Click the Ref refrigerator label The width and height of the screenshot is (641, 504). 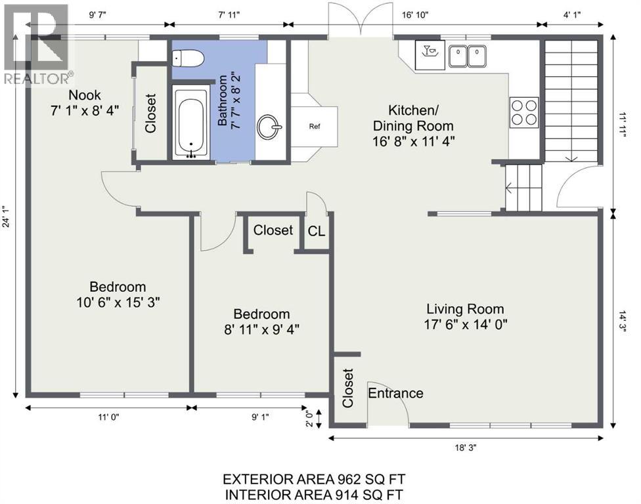[x=315, y=127]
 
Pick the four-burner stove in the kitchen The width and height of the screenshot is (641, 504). [x=524, y=112]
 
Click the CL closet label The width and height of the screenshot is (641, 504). [x=317, y=232]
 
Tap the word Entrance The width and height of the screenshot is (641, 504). [x=396, y=393]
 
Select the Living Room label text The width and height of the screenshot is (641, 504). [x=465, y=309]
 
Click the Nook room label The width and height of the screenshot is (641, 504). [x=85, y=95]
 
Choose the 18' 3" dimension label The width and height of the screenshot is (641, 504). [x=466, y=448]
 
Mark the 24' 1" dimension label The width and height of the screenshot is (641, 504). [x=7, y=216]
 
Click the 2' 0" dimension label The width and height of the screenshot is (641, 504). [x=310, y=418]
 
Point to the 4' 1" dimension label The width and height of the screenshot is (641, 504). [x=572, y=15]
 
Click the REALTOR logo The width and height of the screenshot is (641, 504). [x=37, y=44]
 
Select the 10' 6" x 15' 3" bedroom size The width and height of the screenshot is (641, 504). [x=118, y=303]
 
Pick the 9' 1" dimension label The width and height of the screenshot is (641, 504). [x=260, y=417]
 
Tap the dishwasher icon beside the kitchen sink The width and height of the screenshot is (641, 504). [x=430, y=54]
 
